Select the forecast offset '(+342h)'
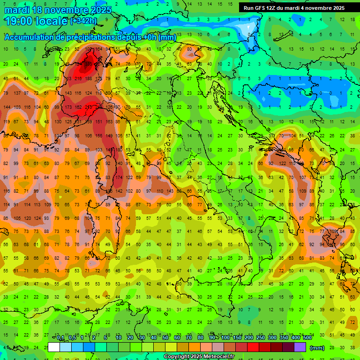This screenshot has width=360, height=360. point(83,21)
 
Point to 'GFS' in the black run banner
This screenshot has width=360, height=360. point(263,8)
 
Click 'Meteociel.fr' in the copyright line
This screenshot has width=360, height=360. point(216,357)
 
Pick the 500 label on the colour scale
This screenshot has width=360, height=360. point(307,338)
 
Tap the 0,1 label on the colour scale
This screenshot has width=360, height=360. point(60,338)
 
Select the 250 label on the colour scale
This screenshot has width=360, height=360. point(260,338)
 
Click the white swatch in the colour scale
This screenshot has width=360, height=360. point(54,347)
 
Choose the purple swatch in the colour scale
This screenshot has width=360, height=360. point(300,347)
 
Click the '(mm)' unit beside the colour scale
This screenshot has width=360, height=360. point(317,348)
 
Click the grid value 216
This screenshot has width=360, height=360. point(78,78)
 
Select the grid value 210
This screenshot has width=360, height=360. point(88,107)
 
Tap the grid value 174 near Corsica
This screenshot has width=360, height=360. point(119,178)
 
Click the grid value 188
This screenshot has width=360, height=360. point(88,78)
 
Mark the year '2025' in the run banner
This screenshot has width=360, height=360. point(336,8)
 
